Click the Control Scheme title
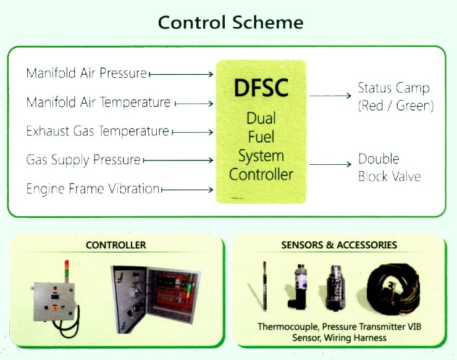[x=230, y=23]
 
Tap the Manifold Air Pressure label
[x=86, y=73]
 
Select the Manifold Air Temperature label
[x=98, y=102]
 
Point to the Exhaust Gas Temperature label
[x=98, y=131]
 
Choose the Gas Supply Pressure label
[x=83, y=160]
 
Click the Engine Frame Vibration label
[x=93, y=189]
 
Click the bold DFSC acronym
[x=261, y=87]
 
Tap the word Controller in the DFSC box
[x=261, y=174]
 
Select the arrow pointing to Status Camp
[x=330, y=96]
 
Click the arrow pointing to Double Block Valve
[x=330, y=164]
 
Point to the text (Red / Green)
[x=396, y=106]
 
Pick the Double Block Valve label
[x=389, y=168]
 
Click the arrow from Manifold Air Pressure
[x=182, y=74]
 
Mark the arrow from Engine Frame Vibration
[x=188, y=190]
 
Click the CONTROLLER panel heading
[x=116, y=245]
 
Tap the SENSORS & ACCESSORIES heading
[x=339, y=245]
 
